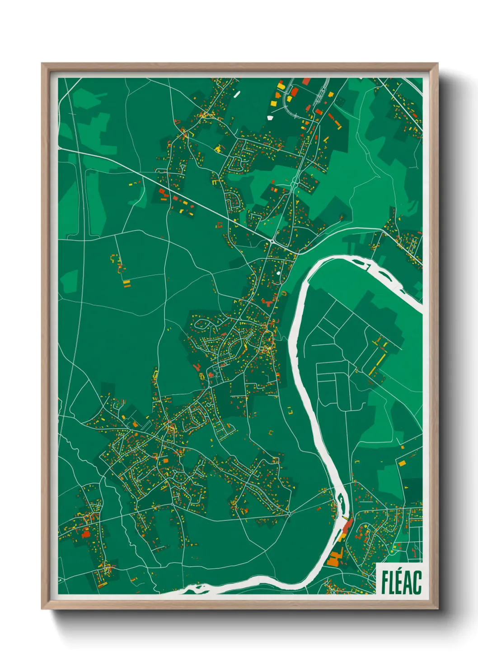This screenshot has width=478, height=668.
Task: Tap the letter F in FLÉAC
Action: [x=385, y=583]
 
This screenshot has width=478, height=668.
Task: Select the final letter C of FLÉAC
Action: [x=417, y=583]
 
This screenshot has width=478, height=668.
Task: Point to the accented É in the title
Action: [x=400, y=582]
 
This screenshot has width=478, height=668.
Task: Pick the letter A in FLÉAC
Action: [x=408, y=583]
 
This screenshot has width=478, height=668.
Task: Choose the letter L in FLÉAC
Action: [x=392, y=583]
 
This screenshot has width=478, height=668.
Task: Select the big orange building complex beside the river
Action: [x=334, y=558]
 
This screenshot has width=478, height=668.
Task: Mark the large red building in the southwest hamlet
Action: [x=85, y=534]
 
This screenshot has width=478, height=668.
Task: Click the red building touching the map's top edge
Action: [x=306, y=81]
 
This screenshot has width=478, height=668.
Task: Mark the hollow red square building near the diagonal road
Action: [x=220, y=225]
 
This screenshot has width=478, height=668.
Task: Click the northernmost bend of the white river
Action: [x=343, y=258]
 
